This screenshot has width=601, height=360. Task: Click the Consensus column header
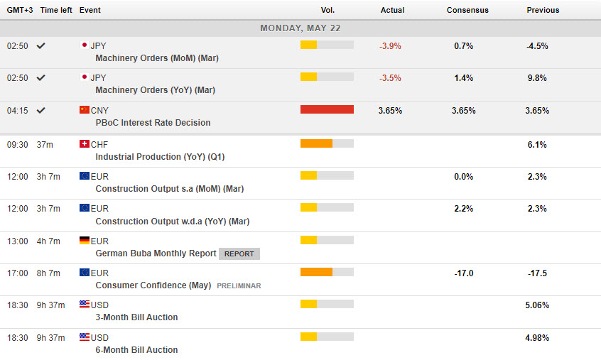[x=467, y=10]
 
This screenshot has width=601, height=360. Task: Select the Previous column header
[x=543, y=10]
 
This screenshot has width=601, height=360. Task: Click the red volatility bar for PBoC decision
[x=327, y=109]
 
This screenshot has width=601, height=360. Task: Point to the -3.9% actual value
[x=390, y=45]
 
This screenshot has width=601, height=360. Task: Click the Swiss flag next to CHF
[x=85, y=143]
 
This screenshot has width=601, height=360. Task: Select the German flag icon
[x=85, y=241]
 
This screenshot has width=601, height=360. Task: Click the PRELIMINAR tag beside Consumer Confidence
[x=239, y=285]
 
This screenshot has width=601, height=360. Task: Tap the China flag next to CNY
[x=85, y=110]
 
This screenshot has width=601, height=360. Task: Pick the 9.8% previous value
[x=536, y=78]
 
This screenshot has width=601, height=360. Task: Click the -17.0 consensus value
[x=463, y=273]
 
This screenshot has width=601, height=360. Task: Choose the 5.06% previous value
[x=536, y=305]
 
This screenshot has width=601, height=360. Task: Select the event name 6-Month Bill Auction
[x=136, y=350]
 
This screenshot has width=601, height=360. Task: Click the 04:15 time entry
[x=17, y=111]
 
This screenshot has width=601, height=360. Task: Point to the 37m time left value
[x=45, y=143]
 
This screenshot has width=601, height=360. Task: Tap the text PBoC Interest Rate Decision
[x=153, y=123]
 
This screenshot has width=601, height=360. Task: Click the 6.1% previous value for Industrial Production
[x=536, y=144]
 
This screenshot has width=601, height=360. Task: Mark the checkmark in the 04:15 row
[x=41, y=110]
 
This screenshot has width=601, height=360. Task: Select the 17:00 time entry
[x=17, y=273]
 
